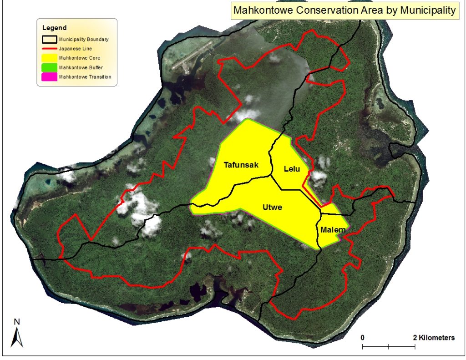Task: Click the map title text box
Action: (344, 10)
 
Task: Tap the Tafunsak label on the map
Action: (241, 165)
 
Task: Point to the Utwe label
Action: (273, 208)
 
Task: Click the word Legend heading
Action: (54, 28)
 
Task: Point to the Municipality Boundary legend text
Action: (84, 39)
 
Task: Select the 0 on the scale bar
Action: (363, 338)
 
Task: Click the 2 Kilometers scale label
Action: (434, 338)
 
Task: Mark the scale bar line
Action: (389, 347)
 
